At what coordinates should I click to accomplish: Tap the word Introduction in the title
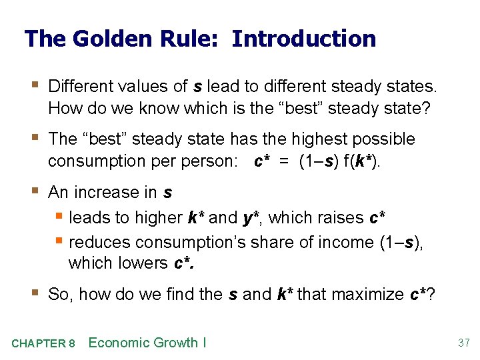point(304,39)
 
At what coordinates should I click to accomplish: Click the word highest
point(317,139)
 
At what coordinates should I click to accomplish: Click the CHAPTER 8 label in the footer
point(43,344)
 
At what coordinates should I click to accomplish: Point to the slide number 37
point(463,343)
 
